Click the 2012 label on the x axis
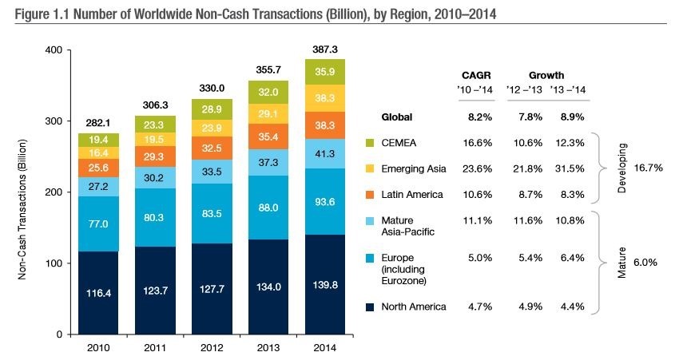coord(212,348)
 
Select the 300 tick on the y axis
coord(52,121)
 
